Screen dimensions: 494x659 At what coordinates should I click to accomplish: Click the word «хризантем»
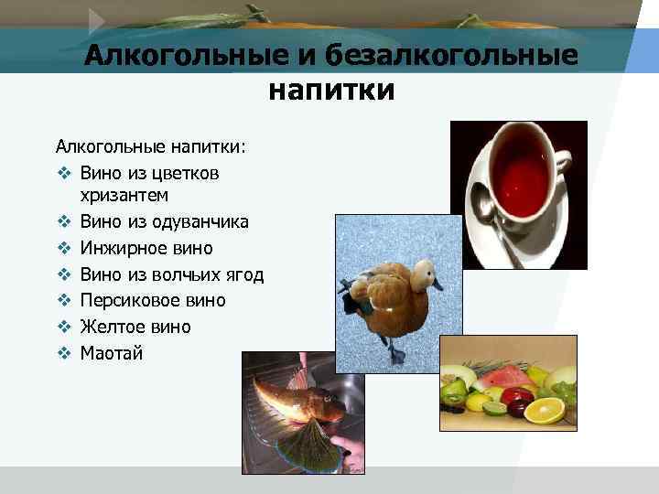click(124, 196)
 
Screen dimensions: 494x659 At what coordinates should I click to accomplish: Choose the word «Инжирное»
click(117, 248)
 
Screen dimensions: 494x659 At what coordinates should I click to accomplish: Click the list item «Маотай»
click(111, 353)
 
